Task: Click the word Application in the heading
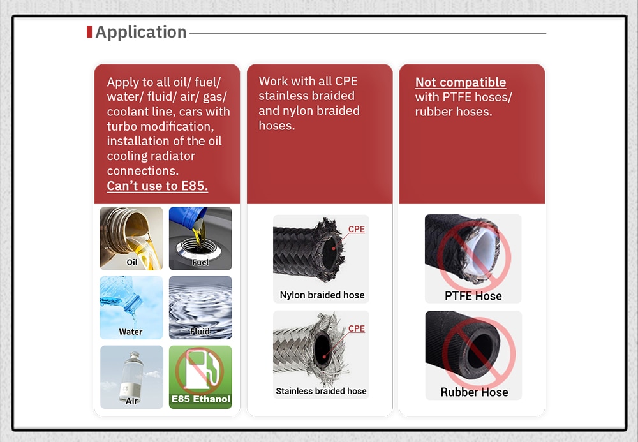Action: click(141, 32)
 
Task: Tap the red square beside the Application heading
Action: click(89, 32)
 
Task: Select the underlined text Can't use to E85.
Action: click(158, 186)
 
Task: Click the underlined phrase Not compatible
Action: click(461, 82)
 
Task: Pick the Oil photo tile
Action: click(131, 239)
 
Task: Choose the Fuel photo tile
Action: click(200, 239)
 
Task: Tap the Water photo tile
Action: click(131, 308)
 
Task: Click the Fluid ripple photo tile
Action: click(200, 308)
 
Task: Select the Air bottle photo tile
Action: click(131, 378)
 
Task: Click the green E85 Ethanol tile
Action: click(200, 378)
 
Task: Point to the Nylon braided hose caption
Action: click(322, 295)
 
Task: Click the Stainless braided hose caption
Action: click(321, 391)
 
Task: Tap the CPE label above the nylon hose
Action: click(357, 230)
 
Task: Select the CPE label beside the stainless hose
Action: click(357, 328)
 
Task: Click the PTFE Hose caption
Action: click(473, 296)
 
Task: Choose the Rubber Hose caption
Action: click(475, 392)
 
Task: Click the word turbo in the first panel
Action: click(122, 126)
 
